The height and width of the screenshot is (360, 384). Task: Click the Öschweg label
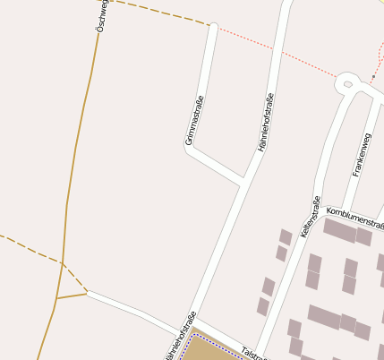(101, 17)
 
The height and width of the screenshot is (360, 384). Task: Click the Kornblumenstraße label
(355, 214)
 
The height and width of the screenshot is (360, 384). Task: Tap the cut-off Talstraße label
(254, 354)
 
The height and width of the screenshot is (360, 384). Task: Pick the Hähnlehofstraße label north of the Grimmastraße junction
(266, 122)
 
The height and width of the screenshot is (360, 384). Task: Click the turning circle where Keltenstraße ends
(347, 84)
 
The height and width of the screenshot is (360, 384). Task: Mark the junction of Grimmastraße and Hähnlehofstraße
(243, 182)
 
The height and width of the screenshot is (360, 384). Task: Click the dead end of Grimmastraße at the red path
(213, 27)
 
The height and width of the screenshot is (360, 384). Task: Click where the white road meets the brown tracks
(87, 292)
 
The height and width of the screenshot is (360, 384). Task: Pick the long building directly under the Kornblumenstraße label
(339, 230)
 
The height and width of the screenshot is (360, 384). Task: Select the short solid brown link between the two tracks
(72, 295)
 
